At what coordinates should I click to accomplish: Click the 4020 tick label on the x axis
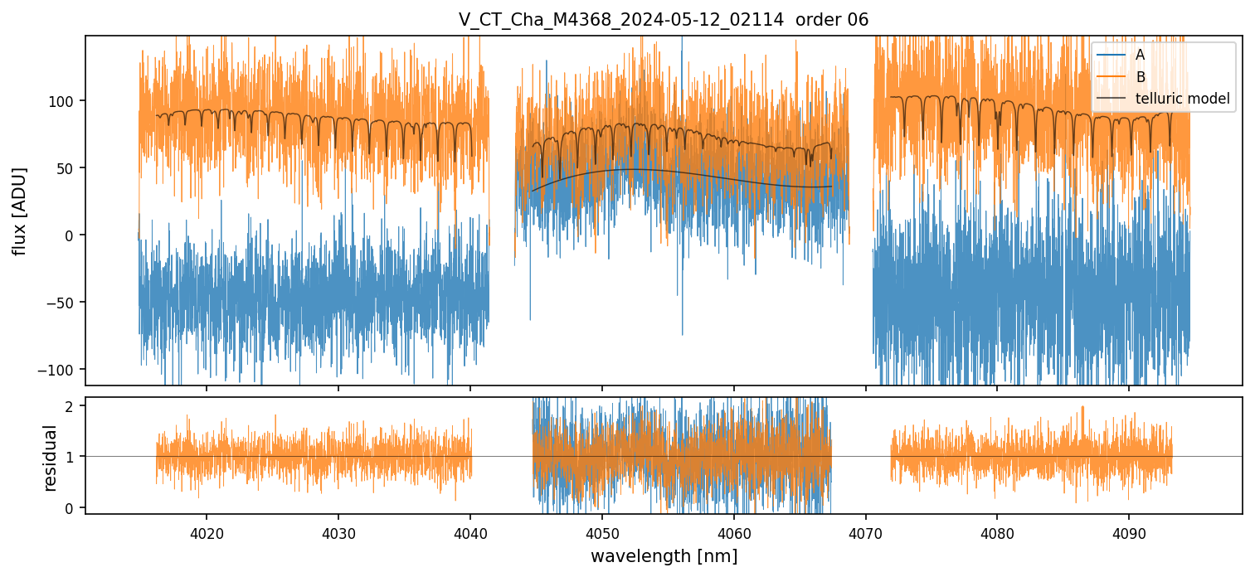[207, 531]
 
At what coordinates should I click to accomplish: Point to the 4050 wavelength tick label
[602, 531]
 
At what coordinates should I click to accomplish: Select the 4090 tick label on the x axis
[1129, 531]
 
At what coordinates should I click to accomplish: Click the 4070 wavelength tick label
[865, 531]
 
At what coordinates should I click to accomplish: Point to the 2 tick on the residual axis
[70, 406]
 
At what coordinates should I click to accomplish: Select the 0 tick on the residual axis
[70, 507]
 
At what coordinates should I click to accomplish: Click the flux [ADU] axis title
[19, 211]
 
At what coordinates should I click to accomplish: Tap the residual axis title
[50, 457]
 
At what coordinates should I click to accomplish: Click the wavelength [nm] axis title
[664, 555]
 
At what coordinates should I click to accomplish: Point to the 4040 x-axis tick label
[470, 531]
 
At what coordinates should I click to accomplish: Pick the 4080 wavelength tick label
[997, 531]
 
